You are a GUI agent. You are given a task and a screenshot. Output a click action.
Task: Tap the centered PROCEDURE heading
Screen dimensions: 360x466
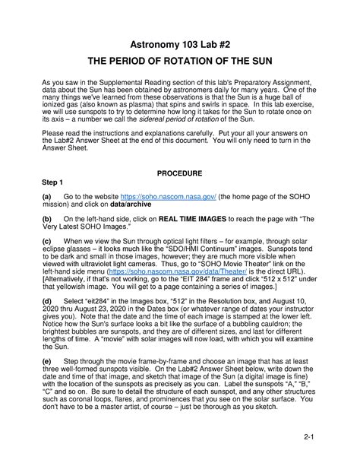point(181,173)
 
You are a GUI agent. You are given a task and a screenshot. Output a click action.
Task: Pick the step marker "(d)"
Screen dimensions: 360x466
point(46,301)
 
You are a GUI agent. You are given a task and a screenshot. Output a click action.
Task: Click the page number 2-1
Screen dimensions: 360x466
point(308,438)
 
